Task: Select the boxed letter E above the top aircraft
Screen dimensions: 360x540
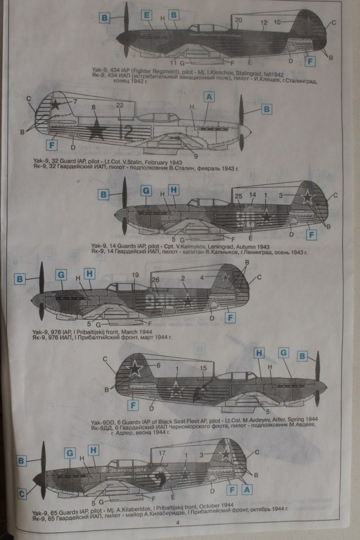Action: pos(147,15)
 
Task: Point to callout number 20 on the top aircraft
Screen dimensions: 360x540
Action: pos(238,20)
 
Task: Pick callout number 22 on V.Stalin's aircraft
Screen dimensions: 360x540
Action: pos(120,106)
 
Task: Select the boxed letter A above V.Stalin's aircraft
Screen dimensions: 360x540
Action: pos(209,97)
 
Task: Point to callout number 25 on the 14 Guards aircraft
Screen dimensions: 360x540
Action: pos(238,195)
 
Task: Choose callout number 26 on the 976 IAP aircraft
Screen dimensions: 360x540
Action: pos(156,281)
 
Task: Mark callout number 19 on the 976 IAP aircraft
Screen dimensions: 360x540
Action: pos(135,274)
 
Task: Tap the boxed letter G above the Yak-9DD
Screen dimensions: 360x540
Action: pos(284,353)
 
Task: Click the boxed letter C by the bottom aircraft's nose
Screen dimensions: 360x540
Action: pos(21,494)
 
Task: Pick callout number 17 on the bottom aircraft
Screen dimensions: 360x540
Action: pos(162,453)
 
